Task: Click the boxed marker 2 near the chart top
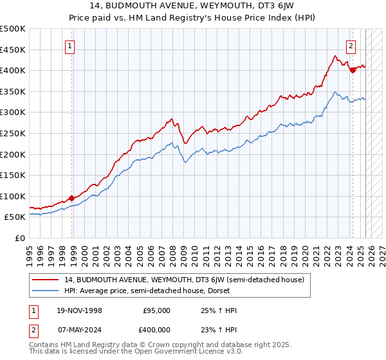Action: coord(351,46)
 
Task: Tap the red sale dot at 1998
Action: coord(71,198)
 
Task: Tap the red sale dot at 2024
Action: coord(353,70)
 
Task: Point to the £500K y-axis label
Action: coord(13,30)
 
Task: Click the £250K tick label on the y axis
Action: coord(13,133)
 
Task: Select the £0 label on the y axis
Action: coord(20,238)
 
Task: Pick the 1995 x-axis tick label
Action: coord(30,252)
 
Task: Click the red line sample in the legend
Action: coord(46,279)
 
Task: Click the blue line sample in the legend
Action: coord(46,290)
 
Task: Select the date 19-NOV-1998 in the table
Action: coord(80,310)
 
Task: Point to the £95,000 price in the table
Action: coord(156,310)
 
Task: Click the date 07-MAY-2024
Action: coord(79,329)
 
